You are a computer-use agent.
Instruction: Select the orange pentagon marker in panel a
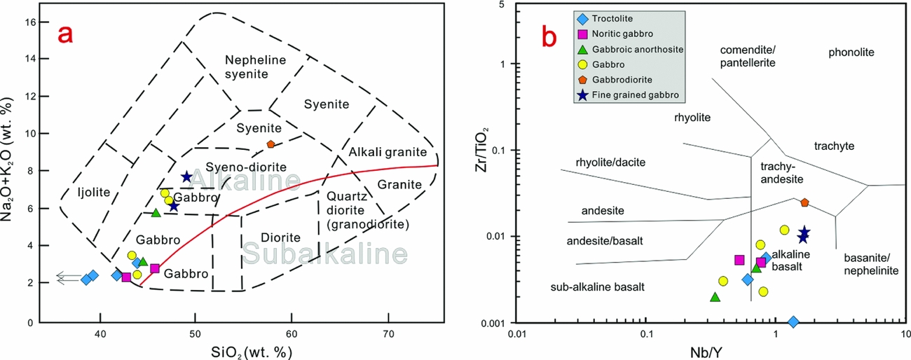(x=270, y=144)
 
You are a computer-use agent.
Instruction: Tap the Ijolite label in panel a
(x=93, y=191)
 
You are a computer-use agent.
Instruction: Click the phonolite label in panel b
(x=851, y=53)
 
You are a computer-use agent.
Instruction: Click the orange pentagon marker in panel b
(x=805, y=202)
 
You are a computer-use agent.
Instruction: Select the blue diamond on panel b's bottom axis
(x=793, y=321)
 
